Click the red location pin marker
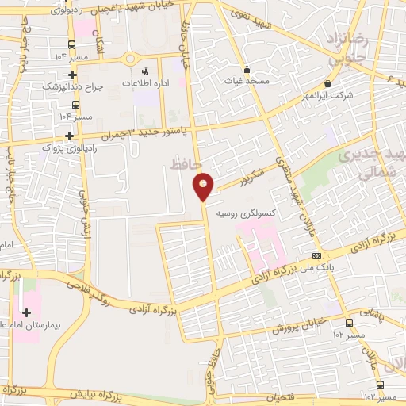pyautogui.click(x=204, y=186)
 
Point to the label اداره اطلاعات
pyautogui.click(x=143, y=82)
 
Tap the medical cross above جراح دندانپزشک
pyautogui.click(x=75, y=73)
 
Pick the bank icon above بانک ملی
pyautogui.click(x=317, y=255)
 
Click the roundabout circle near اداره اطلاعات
pyautogui.click(x=130, y=59)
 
